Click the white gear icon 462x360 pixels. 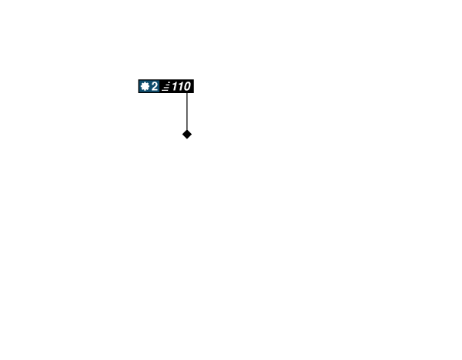[145, 86]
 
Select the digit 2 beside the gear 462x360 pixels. [155, 86]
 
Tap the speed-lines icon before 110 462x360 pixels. [166, 87]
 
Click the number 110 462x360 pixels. [181, 86]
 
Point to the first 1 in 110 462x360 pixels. [175, 86]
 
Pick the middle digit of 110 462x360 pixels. [181, 86]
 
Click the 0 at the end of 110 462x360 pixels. [187, 86]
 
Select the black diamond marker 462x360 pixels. [187, 134]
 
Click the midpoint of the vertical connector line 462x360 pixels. [187, 112]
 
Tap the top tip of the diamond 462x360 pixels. [187, 129]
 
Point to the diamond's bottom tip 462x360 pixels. [187, 139]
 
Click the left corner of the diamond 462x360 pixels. [182, 134]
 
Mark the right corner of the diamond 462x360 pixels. [192, 134]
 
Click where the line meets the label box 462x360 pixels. [187, 93]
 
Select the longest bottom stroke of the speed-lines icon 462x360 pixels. [165, 90]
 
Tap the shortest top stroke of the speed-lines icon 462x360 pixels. [169, 83]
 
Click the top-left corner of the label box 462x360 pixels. [138, 79]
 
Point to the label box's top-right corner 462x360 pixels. [194, 79]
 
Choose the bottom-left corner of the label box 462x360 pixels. [138, 93]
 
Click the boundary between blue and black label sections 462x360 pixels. [159, 86]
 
